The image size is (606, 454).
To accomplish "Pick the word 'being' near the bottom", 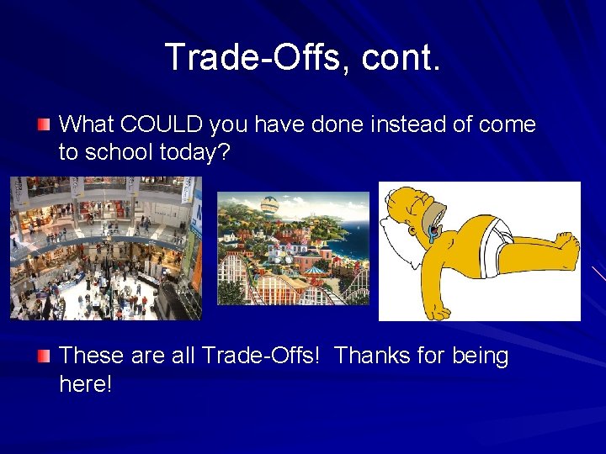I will point(481,356).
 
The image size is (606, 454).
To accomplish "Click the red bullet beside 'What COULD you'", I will point(44,124).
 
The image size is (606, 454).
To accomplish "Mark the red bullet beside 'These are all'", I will point(44,356).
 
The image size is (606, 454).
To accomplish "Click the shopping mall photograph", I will point(105,248).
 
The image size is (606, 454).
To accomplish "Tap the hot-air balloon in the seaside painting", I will point(268,205).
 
